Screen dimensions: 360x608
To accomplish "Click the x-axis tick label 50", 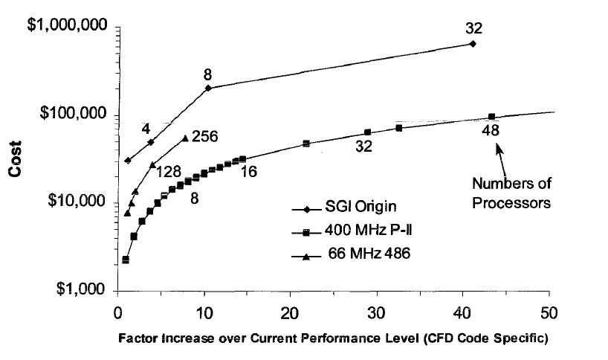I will [549, 310].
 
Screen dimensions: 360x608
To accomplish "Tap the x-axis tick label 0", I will [117, 310].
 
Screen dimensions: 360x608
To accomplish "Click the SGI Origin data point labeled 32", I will [473, 44].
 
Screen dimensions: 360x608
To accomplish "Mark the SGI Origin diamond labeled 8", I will [208, 88].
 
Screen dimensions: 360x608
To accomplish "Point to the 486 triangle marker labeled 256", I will [184, 138].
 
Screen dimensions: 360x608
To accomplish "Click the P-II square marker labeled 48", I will [491, 116].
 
